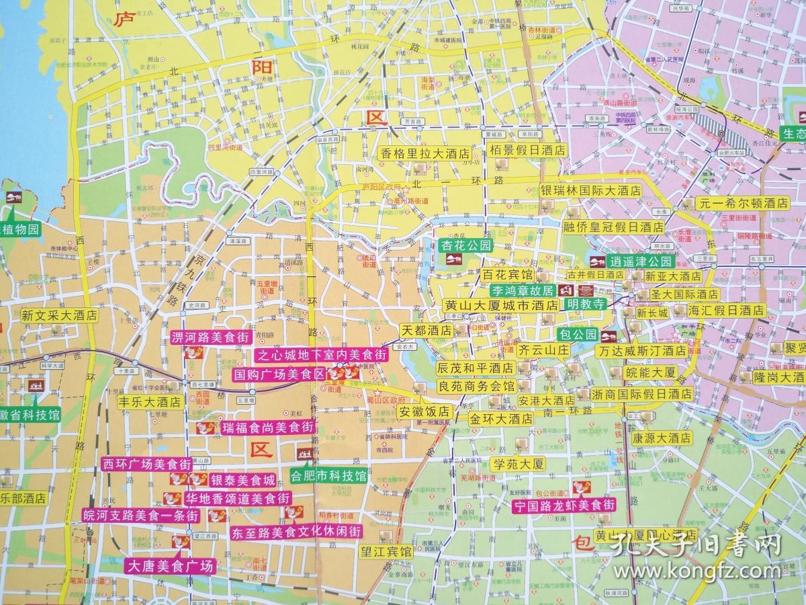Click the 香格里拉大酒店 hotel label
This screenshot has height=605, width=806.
tap(426, 153)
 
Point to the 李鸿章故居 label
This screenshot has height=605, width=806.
tap(521, 291)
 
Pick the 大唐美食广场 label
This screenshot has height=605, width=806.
tap(170, 566)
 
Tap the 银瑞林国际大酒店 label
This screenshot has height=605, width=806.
tap(592, 191)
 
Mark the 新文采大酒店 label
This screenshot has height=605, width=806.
tap(58, 315)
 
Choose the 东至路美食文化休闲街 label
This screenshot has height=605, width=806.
tap(295, 531)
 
